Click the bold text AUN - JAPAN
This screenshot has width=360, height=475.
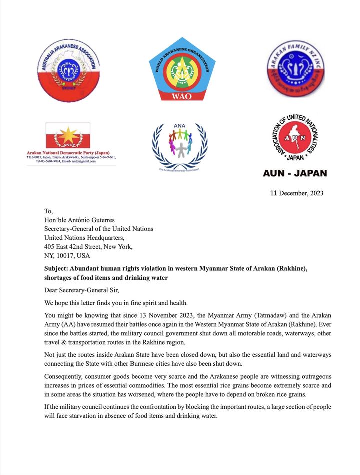(295, 173)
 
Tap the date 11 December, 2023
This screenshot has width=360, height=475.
(297, 193)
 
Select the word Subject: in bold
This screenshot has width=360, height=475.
(59, 268)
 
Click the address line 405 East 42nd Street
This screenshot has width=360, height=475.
(88, 246)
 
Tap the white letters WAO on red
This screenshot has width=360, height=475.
(182, 96)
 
